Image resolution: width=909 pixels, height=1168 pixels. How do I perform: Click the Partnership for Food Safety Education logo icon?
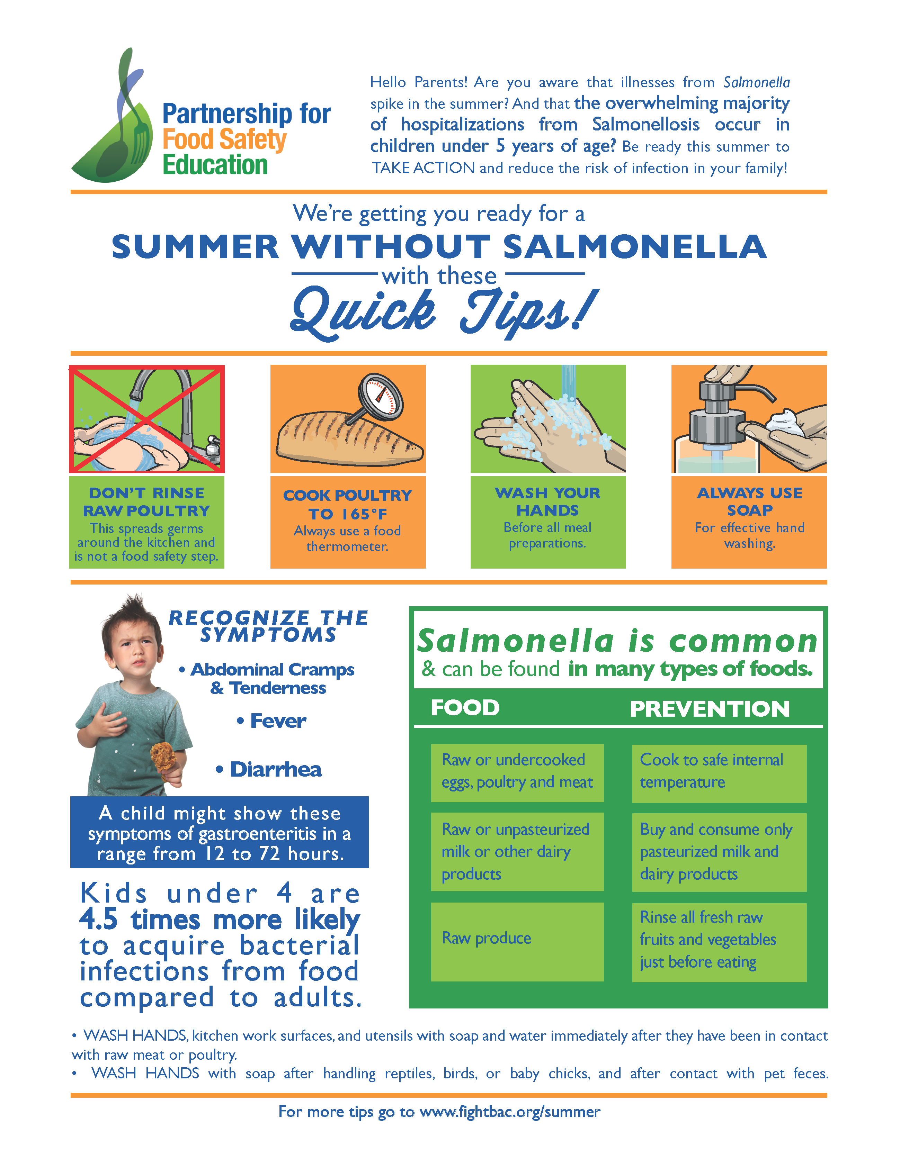click(112, 123)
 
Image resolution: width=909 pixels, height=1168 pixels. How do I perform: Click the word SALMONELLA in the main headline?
click(635, 247)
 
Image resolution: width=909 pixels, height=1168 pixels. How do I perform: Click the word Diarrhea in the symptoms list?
click(276, 770)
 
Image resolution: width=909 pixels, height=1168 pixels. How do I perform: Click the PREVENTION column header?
click(710, 709)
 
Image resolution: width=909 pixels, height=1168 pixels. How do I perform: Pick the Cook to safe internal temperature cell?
click(719, 773)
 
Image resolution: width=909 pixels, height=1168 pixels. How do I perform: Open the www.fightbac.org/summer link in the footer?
click(510, 1112)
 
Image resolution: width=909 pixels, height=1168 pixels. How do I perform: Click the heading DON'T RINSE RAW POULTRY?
click(146, 502)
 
